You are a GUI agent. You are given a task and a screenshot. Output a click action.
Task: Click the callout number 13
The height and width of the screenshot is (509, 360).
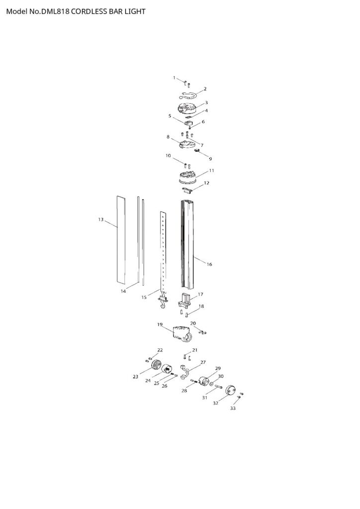coord(100,219)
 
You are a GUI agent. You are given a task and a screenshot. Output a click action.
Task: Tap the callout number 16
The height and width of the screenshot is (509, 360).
coord(209,264)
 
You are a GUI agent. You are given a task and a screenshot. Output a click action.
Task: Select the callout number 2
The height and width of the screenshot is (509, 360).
coord(205,89)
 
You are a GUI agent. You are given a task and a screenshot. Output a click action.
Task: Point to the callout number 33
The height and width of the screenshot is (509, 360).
coord(233,408)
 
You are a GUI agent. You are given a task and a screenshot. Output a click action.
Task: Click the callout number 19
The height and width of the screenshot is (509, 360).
coord(160,325)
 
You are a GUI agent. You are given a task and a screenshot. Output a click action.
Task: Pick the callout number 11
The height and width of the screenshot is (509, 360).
coord(211,170)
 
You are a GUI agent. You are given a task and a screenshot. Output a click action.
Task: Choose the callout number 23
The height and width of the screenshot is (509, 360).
coord(135,377)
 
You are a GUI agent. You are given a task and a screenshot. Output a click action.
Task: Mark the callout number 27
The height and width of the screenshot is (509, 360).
coord(203,362)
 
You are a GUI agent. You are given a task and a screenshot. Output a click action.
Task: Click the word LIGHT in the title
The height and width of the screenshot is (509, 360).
coord(134,11)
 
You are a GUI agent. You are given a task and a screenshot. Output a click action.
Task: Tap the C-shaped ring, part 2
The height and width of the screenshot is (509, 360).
coord(191,96)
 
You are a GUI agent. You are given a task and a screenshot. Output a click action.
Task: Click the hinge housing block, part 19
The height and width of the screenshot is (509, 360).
coord(182,334)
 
